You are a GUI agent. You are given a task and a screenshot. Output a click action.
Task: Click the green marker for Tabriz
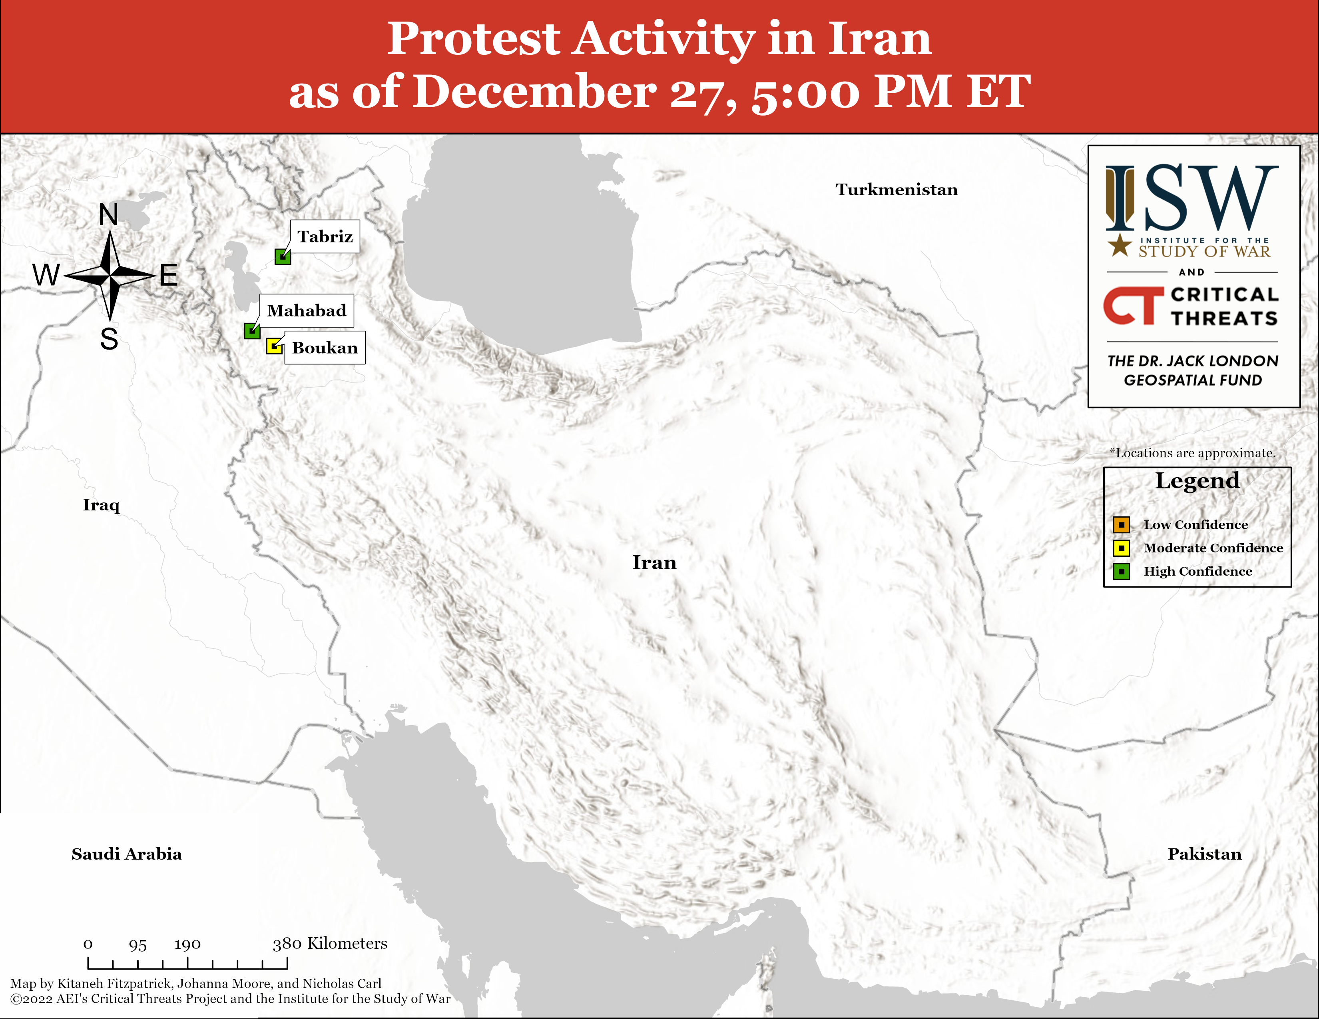coord(283,257)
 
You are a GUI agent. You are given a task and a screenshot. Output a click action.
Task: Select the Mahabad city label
coord(307,310)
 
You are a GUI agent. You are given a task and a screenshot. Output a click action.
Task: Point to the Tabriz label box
coord(325,236)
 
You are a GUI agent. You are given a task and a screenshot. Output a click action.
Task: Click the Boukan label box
coord(325,348)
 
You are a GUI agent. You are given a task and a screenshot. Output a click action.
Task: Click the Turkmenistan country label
coord(897,190)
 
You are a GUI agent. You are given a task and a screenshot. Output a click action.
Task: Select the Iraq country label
coord(102,505)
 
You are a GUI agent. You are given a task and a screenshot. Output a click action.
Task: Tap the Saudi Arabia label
coord(127,854)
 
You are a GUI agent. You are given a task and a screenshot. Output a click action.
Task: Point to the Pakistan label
coord(1205,854)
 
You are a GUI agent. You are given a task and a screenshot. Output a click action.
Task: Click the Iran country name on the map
coord(655,562)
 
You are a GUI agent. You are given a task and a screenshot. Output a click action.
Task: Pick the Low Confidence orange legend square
coord(1122,524)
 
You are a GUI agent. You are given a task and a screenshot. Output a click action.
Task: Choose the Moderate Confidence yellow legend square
coord(1122,548)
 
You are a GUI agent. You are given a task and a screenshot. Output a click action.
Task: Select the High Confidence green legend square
coord(1122,572)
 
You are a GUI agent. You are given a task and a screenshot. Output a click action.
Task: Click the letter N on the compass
coord(109,214)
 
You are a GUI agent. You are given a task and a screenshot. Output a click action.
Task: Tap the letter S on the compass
coord(109,339)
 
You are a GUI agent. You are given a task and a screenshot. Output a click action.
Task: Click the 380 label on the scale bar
coord(287,944)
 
